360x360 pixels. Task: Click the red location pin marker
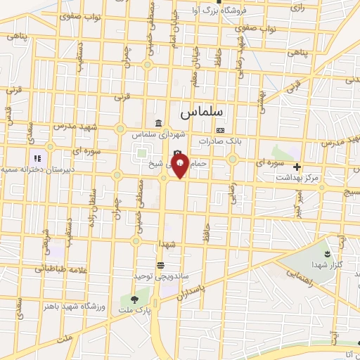(181, 167)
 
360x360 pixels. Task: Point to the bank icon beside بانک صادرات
(221, 130)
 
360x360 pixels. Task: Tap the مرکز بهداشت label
(297, 178)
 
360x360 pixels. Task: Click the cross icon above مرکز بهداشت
(297, 167)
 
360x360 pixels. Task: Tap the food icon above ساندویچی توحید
(161, 265)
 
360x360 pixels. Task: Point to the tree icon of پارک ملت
(134, 300)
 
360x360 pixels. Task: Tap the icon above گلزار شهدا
(326, 251)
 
